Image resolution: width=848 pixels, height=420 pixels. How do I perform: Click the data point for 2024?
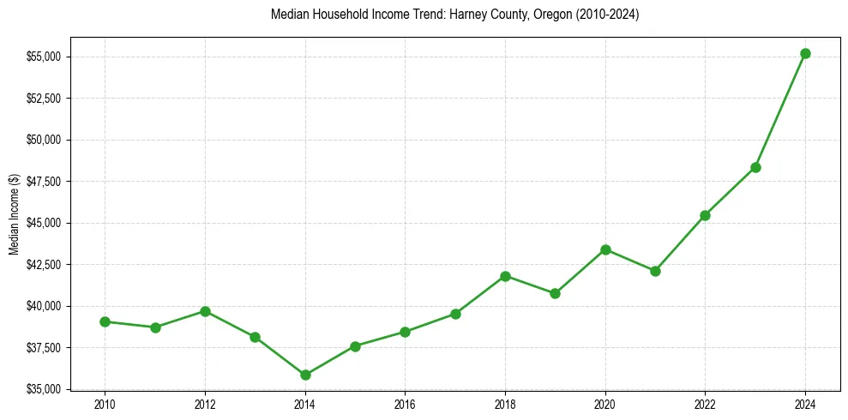[805, 53]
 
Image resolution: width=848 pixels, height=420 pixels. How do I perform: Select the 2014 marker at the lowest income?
[305, 375]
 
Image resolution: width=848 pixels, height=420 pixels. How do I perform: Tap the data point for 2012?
[205, 311]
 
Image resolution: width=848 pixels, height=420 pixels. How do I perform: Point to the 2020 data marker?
[605, 249]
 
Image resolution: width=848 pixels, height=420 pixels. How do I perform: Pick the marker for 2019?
[555, 293]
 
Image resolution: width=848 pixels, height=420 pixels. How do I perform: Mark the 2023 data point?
[755, 167]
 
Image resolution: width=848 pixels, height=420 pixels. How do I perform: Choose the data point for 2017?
[455, 314]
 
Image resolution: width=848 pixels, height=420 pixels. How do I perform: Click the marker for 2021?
[655, 271]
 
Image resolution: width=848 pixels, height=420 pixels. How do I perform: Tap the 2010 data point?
[105, 321]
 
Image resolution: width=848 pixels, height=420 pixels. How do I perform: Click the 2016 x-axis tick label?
[405, 404]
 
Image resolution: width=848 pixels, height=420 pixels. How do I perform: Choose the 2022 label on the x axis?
[705, 404]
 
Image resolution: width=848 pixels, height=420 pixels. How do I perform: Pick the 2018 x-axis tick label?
[505, 404]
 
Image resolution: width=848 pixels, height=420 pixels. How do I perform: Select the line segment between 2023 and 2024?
[780, 111]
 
